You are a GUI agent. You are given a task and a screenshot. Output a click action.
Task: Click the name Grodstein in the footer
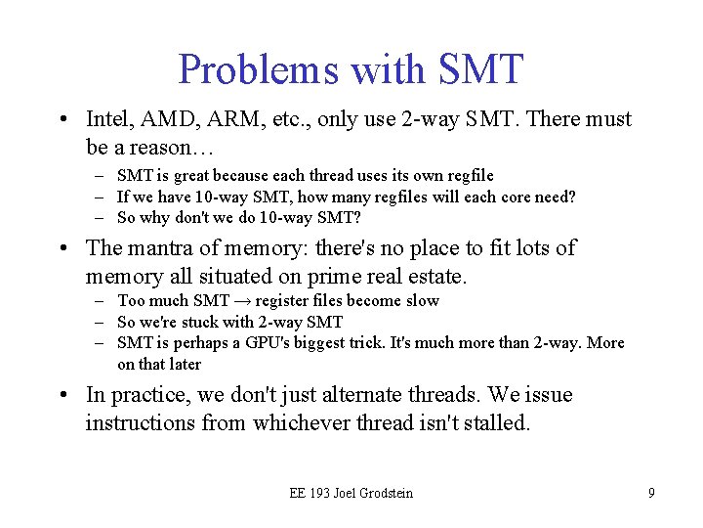[381, 493]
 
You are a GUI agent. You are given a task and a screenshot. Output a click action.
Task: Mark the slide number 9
[651, 493]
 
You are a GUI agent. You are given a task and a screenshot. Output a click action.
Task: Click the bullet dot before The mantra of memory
[62, 249]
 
